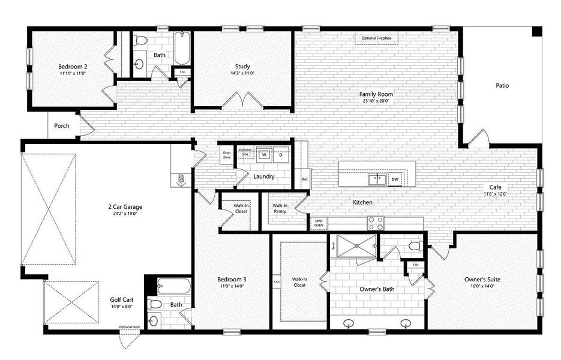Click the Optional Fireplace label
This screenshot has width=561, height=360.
coord(377,38)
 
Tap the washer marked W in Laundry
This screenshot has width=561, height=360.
coord(264,155)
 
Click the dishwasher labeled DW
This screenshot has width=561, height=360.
coord(395,179)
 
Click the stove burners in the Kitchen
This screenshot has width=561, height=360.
coord(376,223)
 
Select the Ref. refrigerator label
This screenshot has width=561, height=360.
coord(305,179)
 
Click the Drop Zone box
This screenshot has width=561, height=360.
coord(226,154)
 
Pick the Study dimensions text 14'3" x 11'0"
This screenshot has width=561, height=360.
coord(242,73)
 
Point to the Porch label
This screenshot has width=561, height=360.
coord(61,126)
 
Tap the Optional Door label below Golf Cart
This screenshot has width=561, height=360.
coord(129,327)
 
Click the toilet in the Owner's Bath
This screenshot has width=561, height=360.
coord(413,246)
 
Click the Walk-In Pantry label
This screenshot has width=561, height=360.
coord(280,208)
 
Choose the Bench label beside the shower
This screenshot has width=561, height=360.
coord(333,245)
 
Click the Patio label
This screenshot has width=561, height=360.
coord(502,85)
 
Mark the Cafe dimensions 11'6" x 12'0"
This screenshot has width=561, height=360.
coord(496,194)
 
